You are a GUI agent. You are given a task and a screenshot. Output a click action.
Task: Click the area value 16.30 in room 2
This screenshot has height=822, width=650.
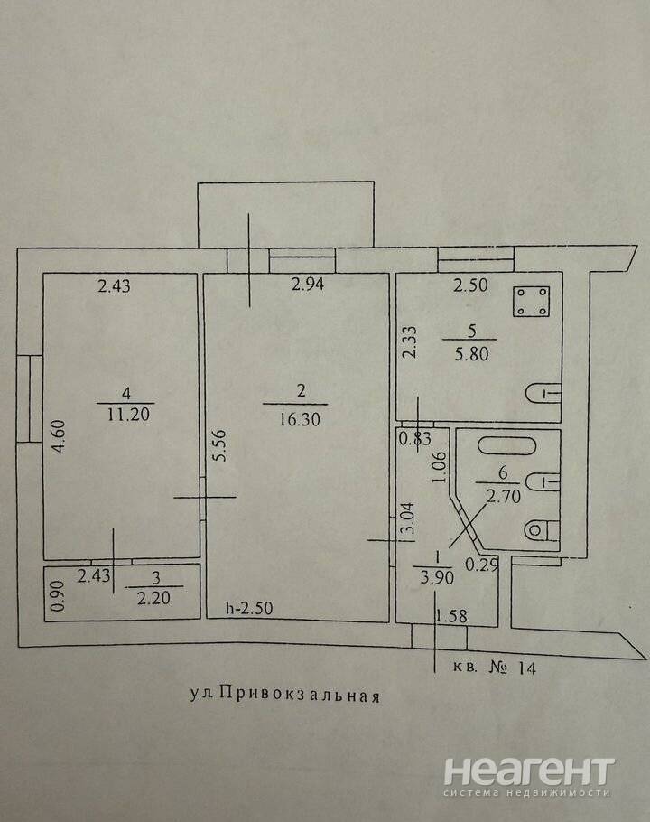[x=300, y=419]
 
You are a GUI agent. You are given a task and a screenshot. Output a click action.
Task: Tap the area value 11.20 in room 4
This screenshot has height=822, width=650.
[x=128, y=414]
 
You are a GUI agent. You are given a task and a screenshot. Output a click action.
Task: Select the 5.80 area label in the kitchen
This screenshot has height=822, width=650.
[x=471, y=354]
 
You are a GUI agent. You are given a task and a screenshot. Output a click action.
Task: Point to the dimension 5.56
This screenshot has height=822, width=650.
[x=220, y=445]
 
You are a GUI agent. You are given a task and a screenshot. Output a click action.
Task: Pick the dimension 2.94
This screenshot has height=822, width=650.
[x=308, y=285]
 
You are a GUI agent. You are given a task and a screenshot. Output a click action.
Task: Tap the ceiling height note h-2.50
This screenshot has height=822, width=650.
[x=249, y=608]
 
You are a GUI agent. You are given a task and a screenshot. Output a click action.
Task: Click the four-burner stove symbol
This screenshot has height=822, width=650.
[x=531, y=302]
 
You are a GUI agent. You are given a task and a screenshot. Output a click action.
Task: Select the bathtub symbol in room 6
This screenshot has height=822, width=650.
[x=507, y=447]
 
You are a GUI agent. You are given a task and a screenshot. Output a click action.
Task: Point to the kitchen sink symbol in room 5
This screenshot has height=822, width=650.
[x=543, y=393]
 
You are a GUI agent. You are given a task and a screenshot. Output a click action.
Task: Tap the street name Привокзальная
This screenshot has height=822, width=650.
[x=299, y=695]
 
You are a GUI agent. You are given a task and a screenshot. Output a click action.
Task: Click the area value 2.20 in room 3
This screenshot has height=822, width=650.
[x=153, y=598]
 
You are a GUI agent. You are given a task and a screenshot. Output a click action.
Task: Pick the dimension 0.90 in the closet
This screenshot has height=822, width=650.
[x=59, y=595]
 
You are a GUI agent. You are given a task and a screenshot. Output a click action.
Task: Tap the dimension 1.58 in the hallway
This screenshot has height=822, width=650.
[x=451, y=615]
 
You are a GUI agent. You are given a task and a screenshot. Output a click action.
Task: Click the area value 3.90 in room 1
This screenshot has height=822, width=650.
[x=437, y=577]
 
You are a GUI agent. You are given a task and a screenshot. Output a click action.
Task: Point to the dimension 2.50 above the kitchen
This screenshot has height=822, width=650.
[x=470, y=285]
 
